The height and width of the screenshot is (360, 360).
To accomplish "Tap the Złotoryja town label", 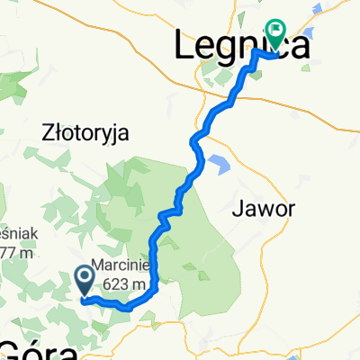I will (86, 133).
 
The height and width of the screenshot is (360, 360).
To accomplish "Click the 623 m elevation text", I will (126, 285).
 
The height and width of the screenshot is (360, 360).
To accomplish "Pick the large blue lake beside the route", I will (217, 165).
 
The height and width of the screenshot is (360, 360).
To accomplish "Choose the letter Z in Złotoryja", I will (48, 133).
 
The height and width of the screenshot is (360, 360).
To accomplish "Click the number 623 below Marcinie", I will (118, 285).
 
